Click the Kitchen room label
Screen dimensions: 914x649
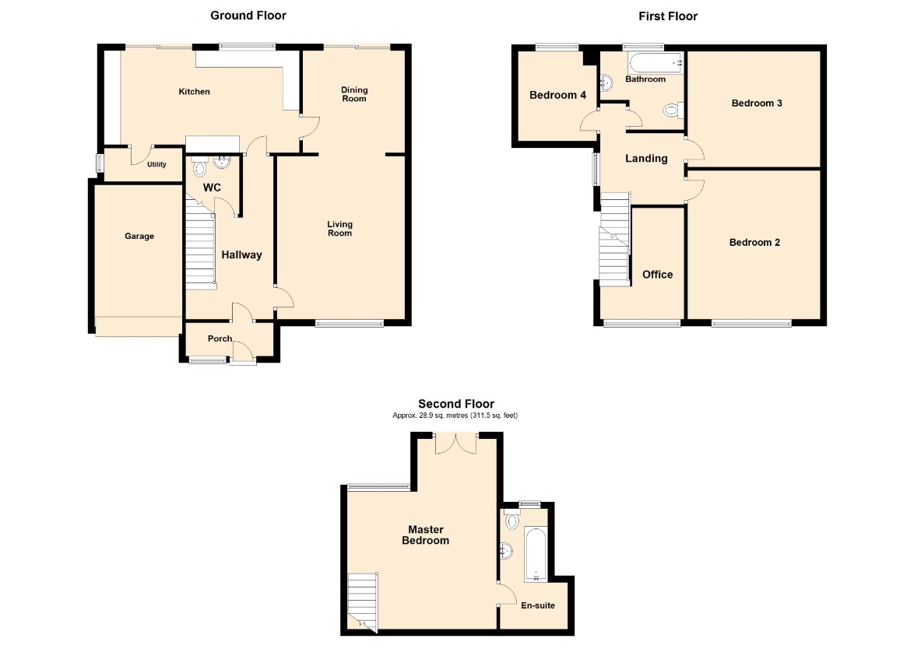coord(194,92)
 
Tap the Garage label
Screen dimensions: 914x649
coord(139,236)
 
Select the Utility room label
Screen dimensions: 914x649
coord(156,164)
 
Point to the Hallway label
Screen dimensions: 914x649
coord(241,254)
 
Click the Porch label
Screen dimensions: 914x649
coord(220,339)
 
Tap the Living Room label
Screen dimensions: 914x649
coord(340,228)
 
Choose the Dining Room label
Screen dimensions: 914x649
coord(354,94)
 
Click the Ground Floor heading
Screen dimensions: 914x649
coord(248,16)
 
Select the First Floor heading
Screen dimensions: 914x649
coord(668,16)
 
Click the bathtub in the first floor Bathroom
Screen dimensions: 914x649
coord(656,63)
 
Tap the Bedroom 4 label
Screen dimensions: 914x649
coord(558,95)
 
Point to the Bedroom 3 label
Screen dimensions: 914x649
coord(757,103)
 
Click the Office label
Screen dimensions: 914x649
coord(658,275)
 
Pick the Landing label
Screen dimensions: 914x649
coord(646,159)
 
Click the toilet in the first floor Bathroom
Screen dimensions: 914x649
coord(674,110)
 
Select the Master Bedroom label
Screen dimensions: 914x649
coord(426,535)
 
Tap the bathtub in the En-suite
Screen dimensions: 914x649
coord(536,555)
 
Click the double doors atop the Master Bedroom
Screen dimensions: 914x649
coord(456,444)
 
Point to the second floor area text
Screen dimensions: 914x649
coord(455,416)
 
